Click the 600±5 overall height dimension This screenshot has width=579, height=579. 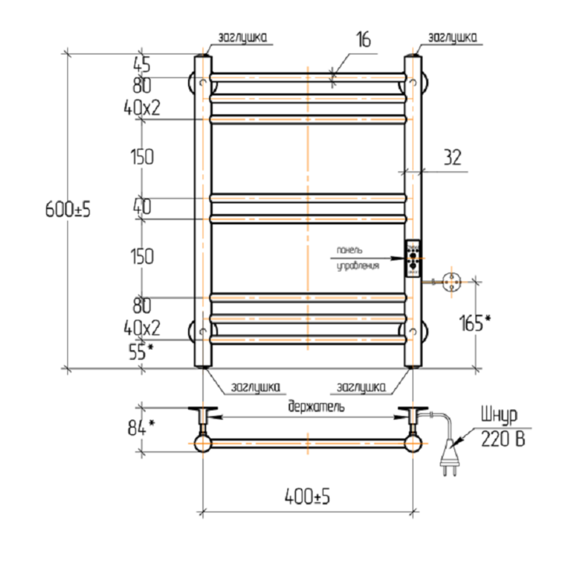click(x=68, y=210)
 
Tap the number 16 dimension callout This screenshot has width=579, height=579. click(x=363, y=40)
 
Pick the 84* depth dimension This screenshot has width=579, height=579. click(x=140, y=427)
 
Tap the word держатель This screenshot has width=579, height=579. click(x=317, y=406)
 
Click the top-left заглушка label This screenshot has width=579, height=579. click(x=242, y=38)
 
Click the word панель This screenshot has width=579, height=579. click(x=350, y=250)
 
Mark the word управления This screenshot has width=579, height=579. click(x=357, y=266)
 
